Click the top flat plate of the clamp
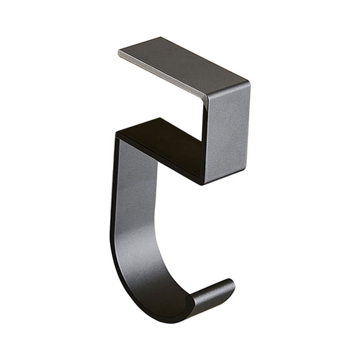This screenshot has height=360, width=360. pos(181,66)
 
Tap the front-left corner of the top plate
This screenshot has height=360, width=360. pos(119,53)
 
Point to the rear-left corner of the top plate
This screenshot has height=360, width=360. pos(164,38)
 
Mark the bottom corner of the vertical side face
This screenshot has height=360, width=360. pos(204,184)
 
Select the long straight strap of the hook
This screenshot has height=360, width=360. pos(128,200)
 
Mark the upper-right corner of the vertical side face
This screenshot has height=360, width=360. pos(249,84)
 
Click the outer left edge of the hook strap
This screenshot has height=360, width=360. pos(112,206)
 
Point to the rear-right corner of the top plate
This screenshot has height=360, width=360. pos(249,82)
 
